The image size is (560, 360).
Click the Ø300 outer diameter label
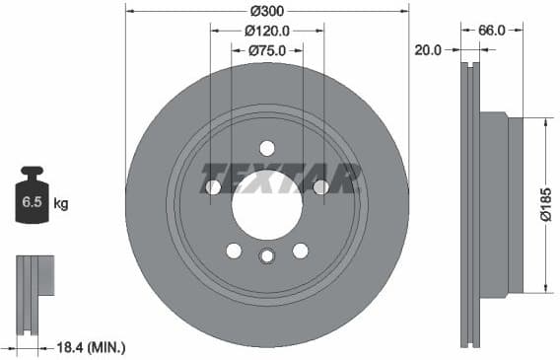click(x=267, y=10)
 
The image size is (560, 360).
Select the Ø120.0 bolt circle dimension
click(x=268, y=31)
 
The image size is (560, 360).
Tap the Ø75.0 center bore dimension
click(x=267, y=50)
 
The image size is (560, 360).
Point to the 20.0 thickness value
click(x=429, y=50)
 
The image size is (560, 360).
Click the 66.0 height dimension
click(x=492, y=31)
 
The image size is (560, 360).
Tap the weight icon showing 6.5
click(x=32, y=201)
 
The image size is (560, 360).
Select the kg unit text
click(x=61, y=205)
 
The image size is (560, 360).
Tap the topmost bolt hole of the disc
click(x=267, y=148)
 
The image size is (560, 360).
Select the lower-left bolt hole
click(x=234, y=251)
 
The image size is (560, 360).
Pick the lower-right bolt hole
click(x=301, y=251)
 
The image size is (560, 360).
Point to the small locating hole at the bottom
click(x=267, y=256)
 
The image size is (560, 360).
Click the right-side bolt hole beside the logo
click(x=321, y=187)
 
